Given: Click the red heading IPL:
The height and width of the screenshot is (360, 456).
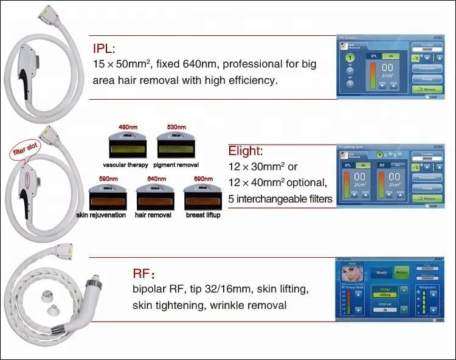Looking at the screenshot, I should [105, 49].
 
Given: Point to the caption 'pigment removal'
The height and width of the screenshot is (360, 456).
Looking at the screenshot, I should [176, 165].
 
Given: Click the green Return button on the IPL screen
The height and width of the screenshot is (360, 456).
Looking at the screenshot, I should [427, 89].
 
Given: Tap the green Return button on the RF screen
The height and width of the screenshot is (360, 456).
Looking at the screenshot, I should [401, 272].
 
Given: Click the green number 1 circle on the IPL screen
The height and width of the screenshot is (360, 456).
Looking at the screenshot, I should [350, 58].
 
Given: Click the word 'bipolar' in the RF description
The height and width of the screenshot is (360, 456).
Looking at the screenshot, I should [149, 291].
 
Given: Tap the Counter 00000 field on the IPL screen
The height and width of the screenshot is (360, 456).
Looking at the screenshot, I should [427, 48].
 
